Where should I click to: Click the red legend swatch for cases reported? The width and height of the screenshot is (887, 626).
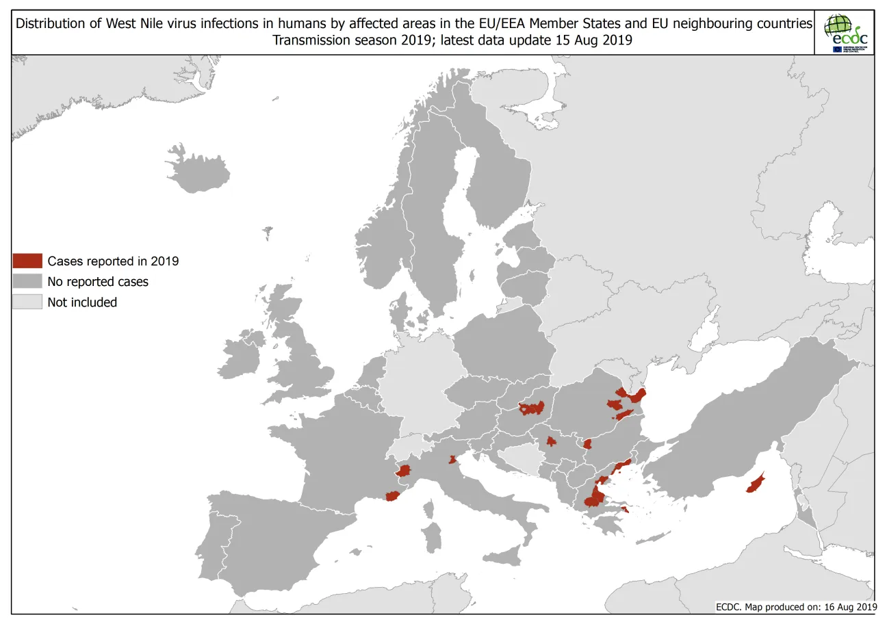(27, 261)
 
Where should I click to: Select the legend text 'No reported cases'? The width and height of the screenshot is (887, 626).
(98, 281)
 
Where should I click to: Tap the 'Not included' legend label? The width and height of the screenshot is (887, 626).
(82, 302)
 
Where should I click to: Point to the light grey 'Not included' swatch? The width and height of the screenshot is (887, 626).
(27, 302)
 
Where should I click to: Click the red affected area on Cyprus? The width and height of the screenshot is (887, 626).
(756, 484)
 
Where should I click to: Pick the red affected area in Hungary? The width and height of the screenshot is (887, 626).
(532, 408)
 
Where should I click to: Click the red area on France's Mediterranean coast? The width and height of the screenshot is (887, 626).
(392, 496)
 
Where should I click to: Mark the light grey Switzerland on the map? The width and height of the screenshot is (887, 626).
(408, 448)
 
